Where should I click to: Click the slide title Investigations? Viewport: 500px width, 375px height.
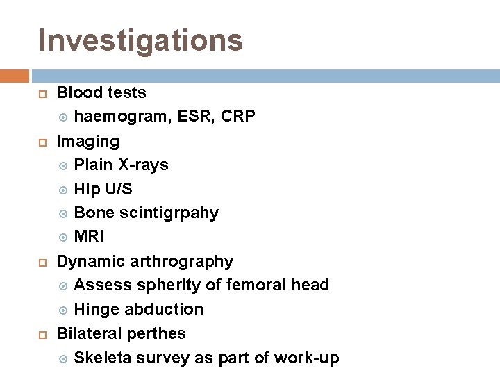(141, 40)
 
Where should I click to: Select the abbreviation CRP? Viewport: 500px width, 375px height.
(237, 117)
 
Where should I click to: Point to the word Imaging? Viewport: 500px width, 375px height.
(87, 141)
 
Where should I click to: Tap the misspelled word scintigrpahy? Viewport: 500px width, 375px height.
(169, 213)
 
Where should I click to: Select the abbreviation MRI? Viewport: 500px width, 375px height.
(89, 237)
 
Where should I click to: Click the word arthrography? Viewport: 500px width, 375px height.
(180, 261)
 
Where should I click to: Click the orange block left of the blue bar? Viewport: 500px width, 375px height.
(15, 76)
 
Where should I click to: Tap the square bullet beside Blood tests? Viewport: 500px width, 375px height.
(42, 93)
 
